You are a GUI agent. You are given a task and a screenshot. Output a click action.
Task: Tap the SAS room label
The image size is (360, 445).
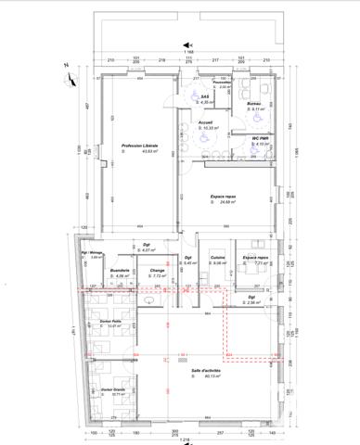click(204, 95)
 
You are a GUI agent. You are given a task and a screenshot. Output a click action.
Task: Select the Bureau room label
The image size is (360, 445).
click(252, 103)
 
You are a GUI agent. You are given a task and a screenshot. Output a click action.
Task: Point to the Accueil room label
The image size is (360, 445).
click(208, 121)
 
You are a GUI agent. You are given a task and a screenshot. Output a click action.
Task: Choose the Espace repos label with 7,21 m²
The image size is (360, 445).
click(255, 257)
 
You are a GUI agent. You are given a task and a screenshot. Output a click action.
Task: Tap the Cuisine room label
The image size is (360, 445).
click(218, 257)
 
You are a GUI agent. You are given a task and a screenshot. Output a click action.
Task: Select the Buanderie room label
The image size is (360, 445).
click(120, 270)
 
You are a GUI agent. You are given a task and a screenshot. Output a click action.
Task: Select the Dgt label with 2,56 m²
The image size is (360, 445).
click(251, 297)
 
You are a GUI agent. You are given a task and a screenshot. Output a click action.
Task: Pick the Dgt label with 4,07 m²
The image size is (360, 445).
click(147, 245)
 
